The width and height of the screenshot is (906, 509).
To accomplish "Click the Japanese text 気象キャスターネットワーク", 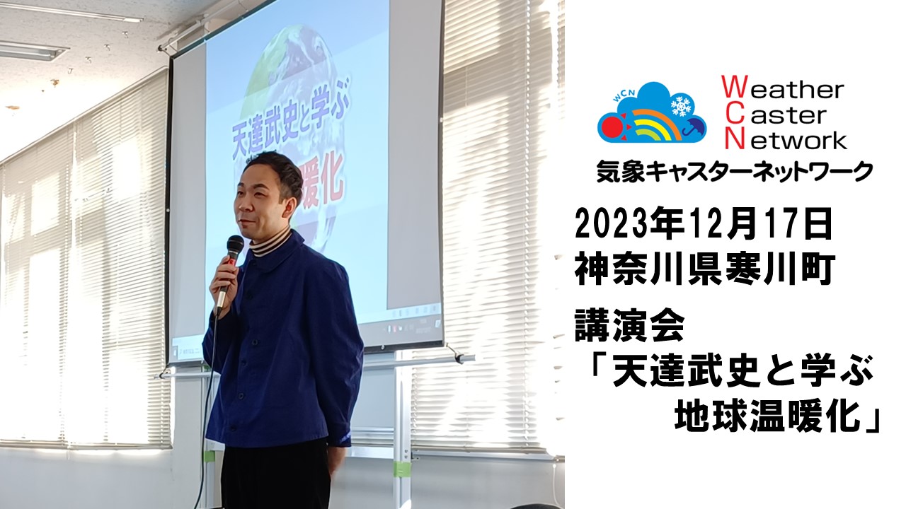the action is [734, 171].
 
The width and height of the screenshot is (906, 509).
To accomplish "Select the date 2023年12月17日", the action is [704, 223].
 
